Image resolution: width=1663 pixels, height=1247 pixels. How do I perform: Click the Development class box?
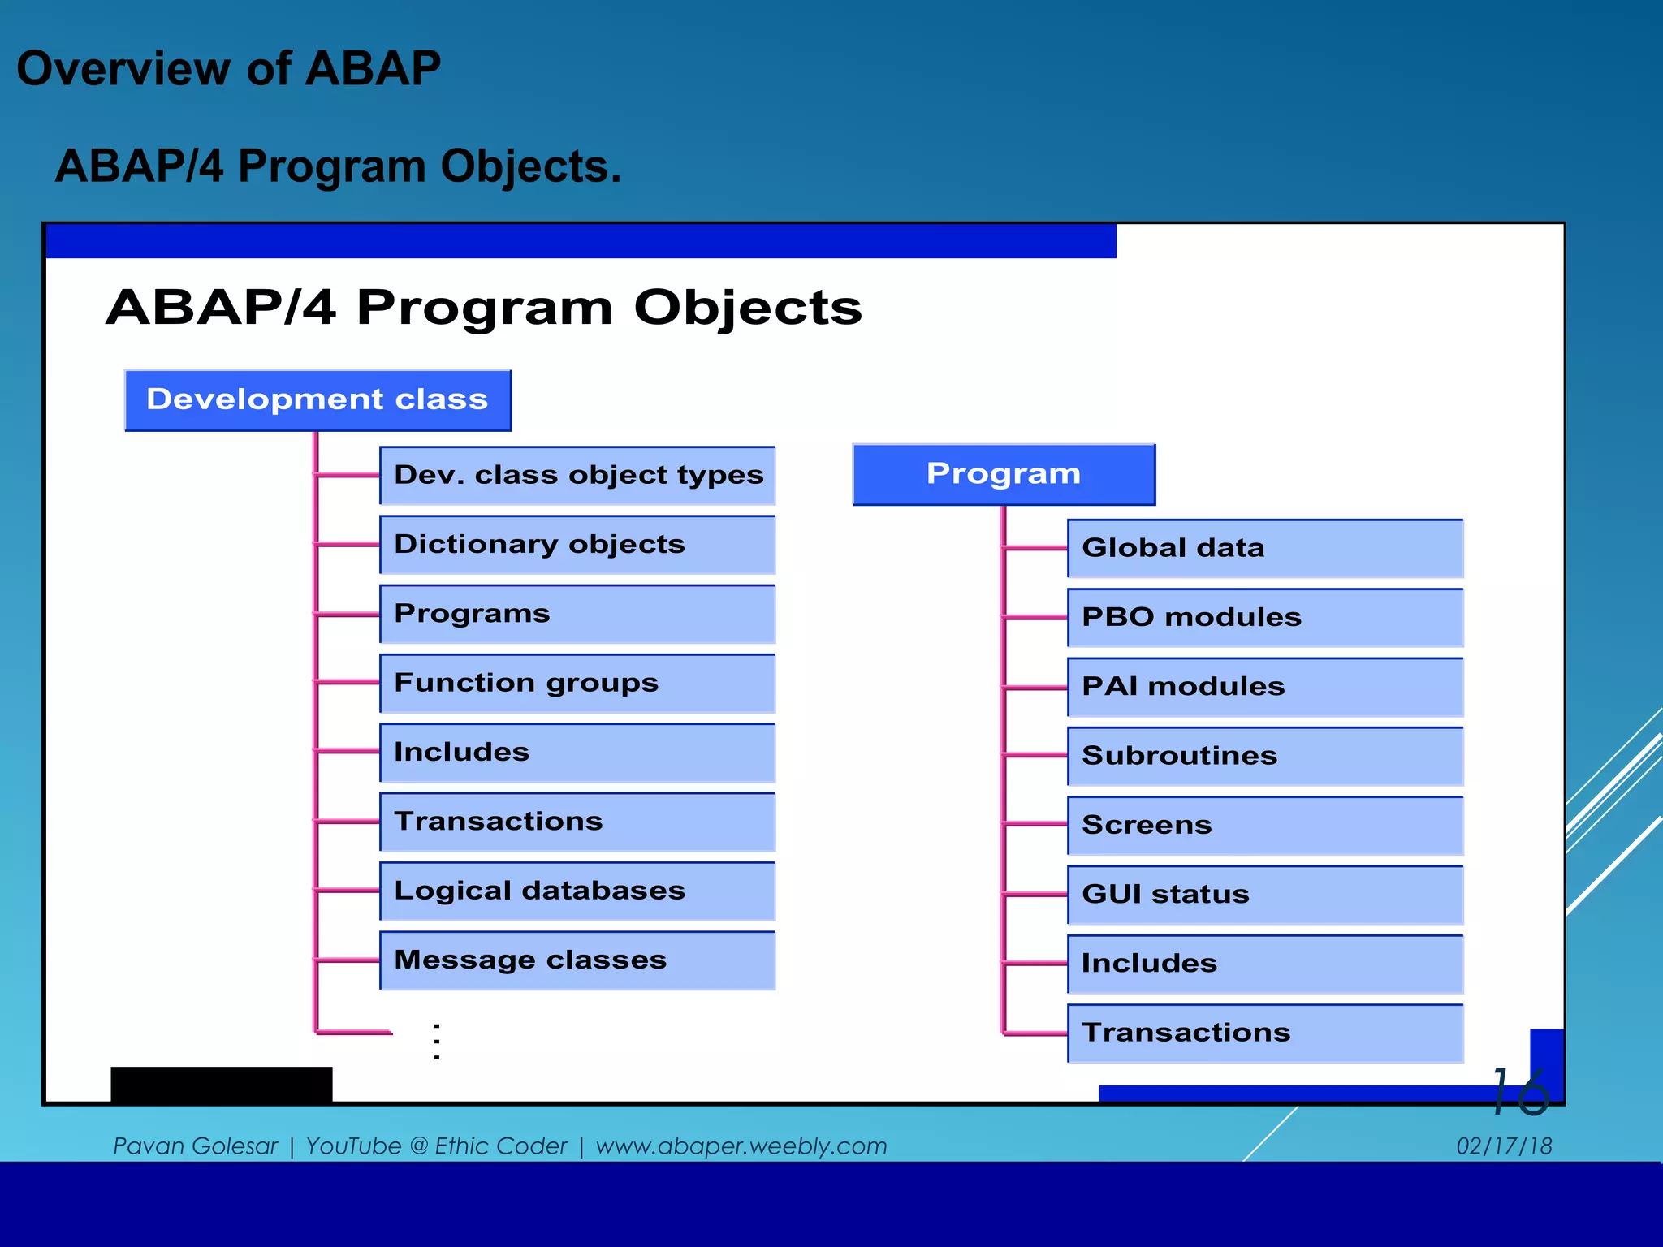tap(317, 400)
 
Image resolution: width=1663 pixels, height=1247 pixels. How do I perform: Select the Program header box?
tap(1004, 474)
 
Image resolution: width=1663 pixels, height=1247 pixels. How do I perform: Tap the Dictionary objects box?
tap(577, 545)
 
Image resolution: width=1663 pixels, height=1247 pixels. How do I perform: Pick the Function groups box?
tap(577, 684)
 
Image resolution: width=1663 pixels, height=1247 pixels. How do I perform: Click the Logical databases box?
tap(577, 891)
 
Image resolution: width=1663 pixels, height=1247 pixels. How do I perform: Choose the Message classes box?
tap(577, 960)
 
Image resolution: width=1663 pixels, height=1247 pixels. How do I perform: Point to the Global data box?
tap(1264, 549)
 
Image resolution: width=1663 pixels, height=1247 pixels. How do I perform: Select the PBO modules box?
tap(1264, 618)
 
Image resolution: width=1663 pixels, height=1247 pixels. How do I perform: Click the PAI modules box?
tap(1264, 687)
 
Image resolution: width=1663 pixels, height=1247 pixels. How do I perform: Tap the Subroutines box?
tap(1264, 757)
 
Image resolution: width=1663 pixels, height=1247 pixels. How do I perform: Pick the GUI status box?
tap(1264, 895)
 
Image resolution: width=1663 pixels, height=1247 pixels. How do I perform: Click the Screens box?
tap(1264, 826)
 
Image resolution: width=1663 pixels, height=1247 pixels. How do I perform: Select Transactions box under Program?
tap(1264, 1033)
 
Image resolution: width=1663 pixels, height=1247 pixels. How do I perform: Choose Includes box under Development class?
tap(577, 753)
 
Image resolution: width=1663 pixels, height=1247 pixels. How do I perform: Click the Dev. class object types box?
tap(577, 476)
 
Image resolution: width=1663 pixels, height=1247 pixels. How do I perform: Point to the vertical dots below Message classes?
tap(437, 1042)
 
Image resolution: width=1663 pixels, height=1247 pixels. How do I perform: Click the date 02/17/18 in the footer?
tap(1504, 1146)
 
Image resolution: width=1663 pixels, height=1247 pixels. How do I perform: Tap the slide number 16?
tap(1520, 1092)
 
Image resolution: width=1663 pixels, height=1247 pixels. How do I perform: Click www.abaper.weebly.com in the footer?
tap(741, 1146)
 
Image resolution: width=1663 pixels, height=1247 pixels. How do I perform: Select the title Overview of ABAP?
tap(229, 68)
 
